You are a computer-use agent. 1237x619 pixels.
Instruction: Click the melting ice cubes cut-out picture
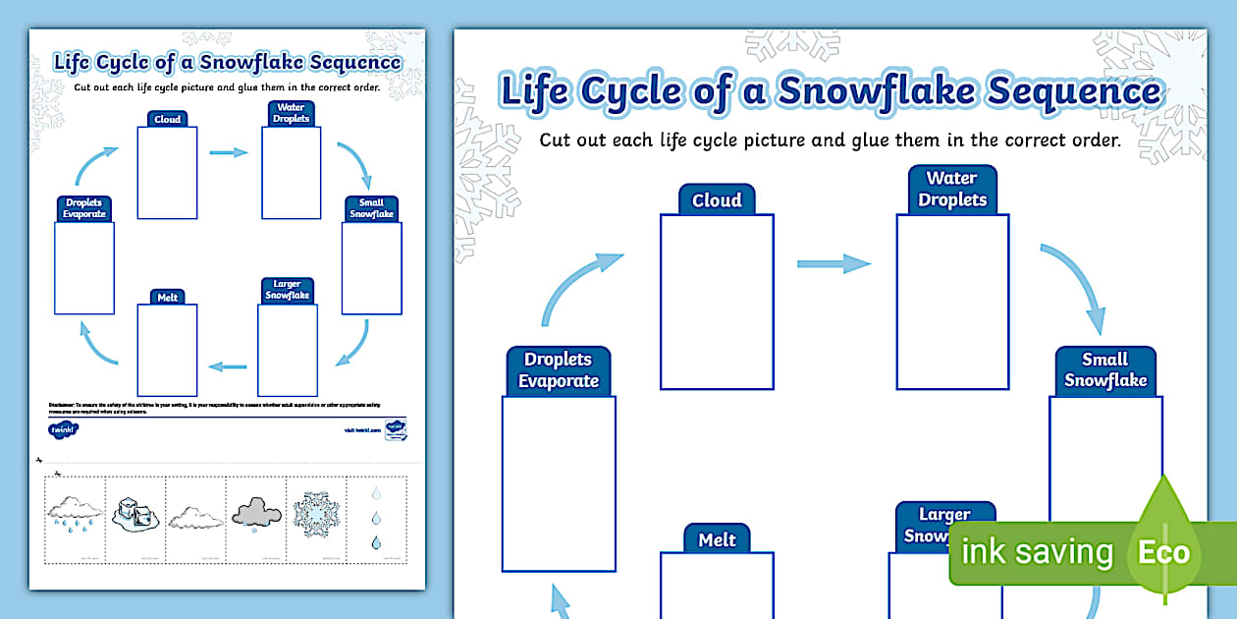[134, 516]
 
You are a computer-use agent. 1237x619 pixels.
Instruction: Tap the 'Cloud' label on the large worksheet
[717, 200]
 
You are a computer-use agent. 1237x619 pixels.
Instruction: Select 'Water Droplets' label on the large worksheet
[951, 190]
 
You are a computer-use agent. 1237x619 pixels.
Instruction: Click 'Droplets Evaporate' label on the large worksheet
[559, 370]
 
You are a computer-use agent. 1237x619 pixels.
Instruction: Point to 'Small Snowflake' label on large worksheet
[1105, 370]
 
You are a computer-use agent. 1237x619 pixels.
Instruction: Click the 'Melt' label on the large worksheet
[717, 540]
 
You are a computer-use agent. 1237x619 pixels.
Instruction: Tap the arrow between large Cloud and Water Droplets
[834, 263]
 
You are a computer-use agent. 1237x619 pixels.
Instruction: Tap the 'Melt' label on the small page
[168, 297]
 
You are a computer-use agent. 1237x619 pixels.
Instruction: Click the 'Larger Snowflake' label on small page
[287, 290]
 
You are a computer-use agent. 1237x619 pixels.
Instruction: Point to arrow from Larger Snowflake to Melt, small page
[228, 366]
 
